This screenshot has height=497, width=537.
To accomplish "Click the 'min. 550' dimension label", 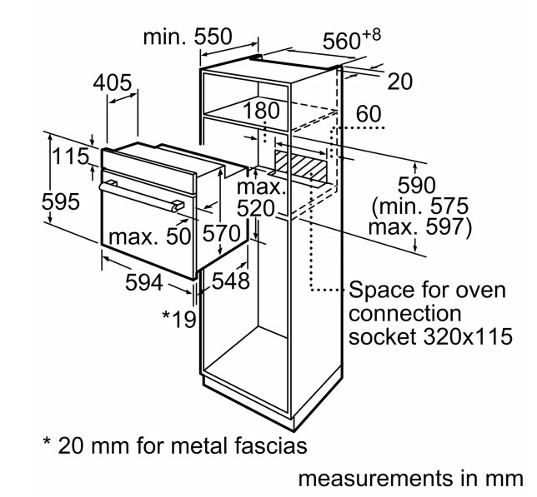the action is click(x=188, y=37).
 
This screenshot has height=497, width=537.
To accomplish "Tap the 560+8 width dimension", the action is click(x=351, y=38).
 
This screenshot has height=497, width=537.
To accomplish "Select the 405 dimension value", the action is click(x=113, y=82).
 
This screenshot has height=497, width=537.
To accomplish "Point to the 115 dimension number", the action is click(x=70, y=157).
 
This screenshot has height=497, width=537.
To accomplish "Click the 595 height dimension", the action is click(x=61, y=201).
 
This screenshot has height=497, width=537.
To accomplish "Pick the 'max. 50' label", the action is click(x=149, y=236).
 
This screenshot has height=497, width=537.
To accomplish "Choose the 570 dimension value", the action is click(x=221, y=233).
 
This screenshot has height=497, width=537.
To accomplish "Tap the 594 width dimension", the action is click(x=143, y=282).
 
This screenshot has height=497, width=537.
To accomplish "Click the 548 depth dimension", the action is click(x=231, y=281).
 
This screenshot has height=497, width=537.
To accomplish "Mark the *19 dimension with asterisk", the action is click(x=179, y=319).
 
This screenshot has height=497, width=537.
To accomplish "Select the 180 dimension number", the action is click(x=261, y=111).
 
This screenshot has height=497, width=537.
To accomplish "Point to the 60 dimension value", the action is click(x=369, y=113).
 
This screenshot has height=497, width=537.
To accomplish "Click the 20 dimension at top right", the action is click(x=399, y=82).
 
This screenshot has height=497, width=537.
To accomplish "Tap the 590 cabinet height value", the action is click(x=416, y=185).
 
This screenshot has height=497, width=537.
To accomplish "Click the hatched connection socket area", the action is click(x=300, y=166).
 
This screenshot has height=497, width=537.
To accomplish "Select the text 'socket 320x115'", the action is click(x=430, y=336).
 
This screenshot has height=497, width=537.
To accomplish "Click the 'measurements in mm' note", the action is click(x=411, y=478).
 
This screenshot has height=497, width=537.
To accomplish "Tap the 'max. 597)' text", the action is click(x=420, y=226).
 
